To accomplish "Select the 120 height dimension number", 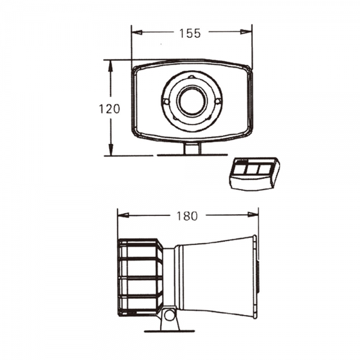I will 109,109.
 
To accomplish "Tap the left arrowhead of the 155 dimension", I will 134,34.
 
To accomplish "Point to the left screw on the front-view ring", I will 165,102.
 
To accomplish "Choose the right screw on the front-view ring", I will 218,101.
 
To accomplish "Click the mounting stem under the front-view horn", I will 192,148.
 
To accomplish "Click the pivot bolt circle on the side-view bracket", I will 169,314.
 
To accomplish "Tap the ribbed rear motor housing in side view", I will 140,277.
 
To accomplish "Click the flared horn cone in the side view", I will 216,276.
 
